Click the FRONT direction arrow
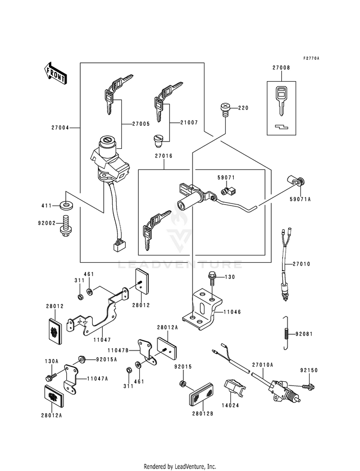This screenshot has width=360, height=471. [x=55, y=73]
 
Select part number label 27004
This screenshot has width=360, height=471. [x=60, y=128]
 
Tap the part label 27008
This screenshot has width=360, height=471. [x=281, y=68]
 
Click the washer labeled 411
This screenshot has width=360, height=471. [x=66, y=206]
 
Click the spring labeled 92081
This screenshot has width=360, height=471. [x=287, y=333]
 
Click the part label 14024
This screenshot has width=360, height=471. [x=230, y=405]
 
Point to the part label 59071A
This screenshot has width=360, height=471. [x=300, y=199]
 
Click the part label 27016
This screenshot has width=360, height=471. [x=164, y=156]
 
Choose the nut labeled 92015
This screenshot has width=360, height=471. [x=182, y=384]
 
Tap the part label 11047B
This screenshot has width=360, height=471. [x=118, y=350]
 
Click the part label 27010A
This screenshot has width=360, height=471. [x=263, y=365]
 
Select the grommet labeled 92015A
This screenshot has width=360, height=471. [x=82, y=359]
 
